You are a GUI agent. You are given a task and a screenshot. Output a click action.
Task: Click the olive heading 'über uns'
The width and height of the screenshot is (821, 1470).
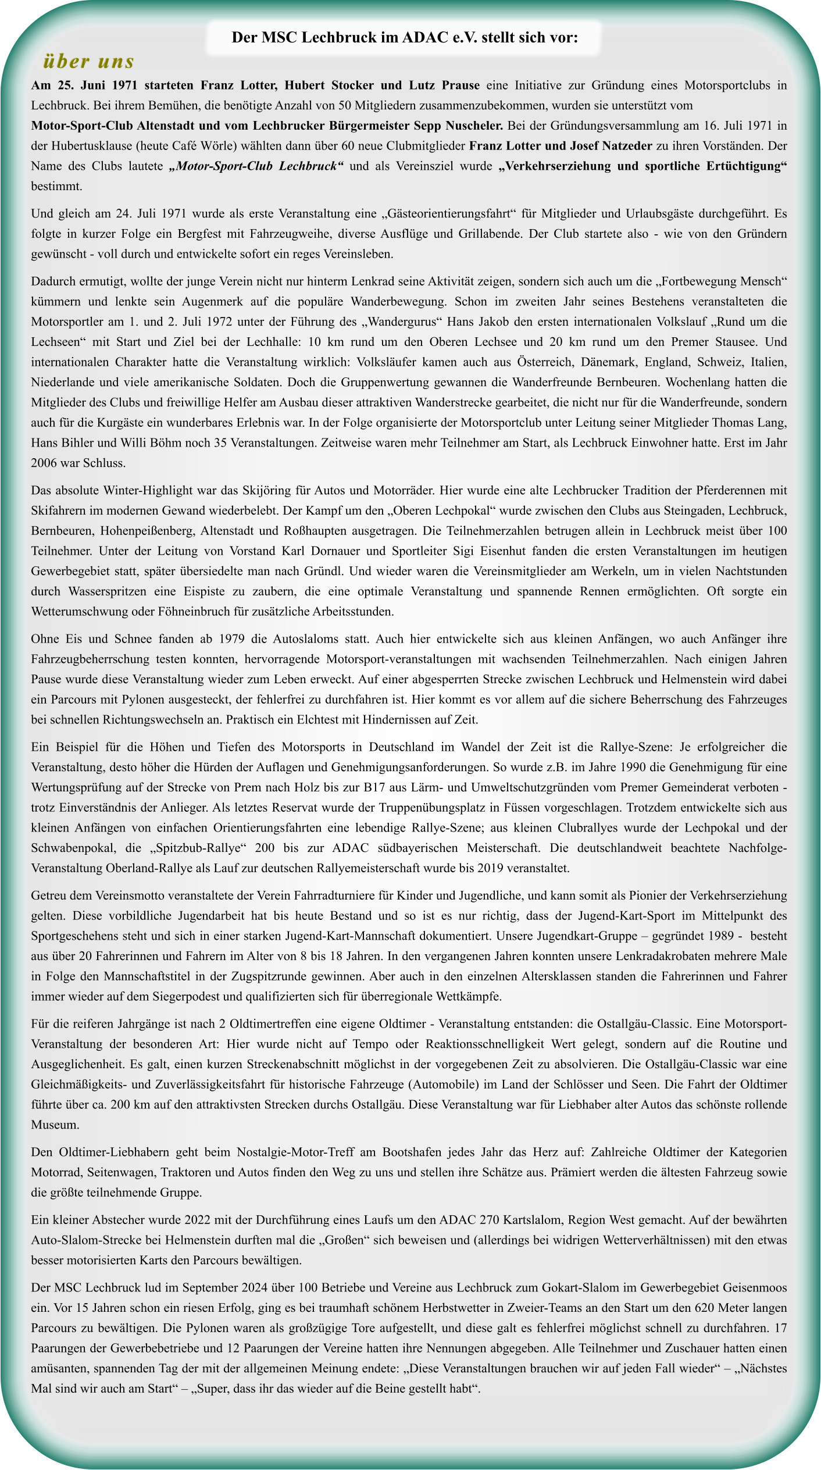(x=88, y=60)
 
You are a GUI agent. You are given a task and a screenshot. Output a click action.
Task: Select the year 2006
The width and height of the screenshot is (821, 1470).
(x=44, y=463)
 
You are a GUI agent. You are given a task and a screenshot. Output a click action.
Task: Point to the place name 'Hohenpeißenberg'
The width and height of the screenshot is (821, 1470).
(x=145, y=530)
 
